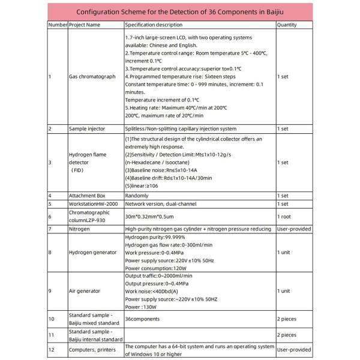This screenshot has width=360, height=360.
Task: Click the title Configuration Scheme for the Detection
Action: [x=180, y=11]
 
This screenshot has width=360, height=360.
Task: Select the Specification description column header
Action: [x=154, y=25]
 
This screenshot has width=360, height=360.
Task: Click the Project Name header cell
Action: [x=85, y=25]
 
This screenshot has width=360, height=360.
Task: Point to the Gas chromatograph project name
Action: [x=92, y=77]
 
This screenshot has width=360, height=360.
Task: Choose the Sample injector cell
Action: [x=88, y=129]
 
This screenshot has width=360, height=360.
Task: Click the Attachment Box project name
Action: [x=89, y=196]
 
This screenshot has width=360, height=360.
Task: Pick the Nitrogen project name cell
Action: [x=80, y=229]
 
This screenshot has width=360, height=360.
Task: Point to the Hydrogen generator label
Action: [x=92, y=253]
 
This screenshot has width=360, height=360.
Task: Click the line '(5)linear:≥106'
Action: [x=144, y=186]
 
